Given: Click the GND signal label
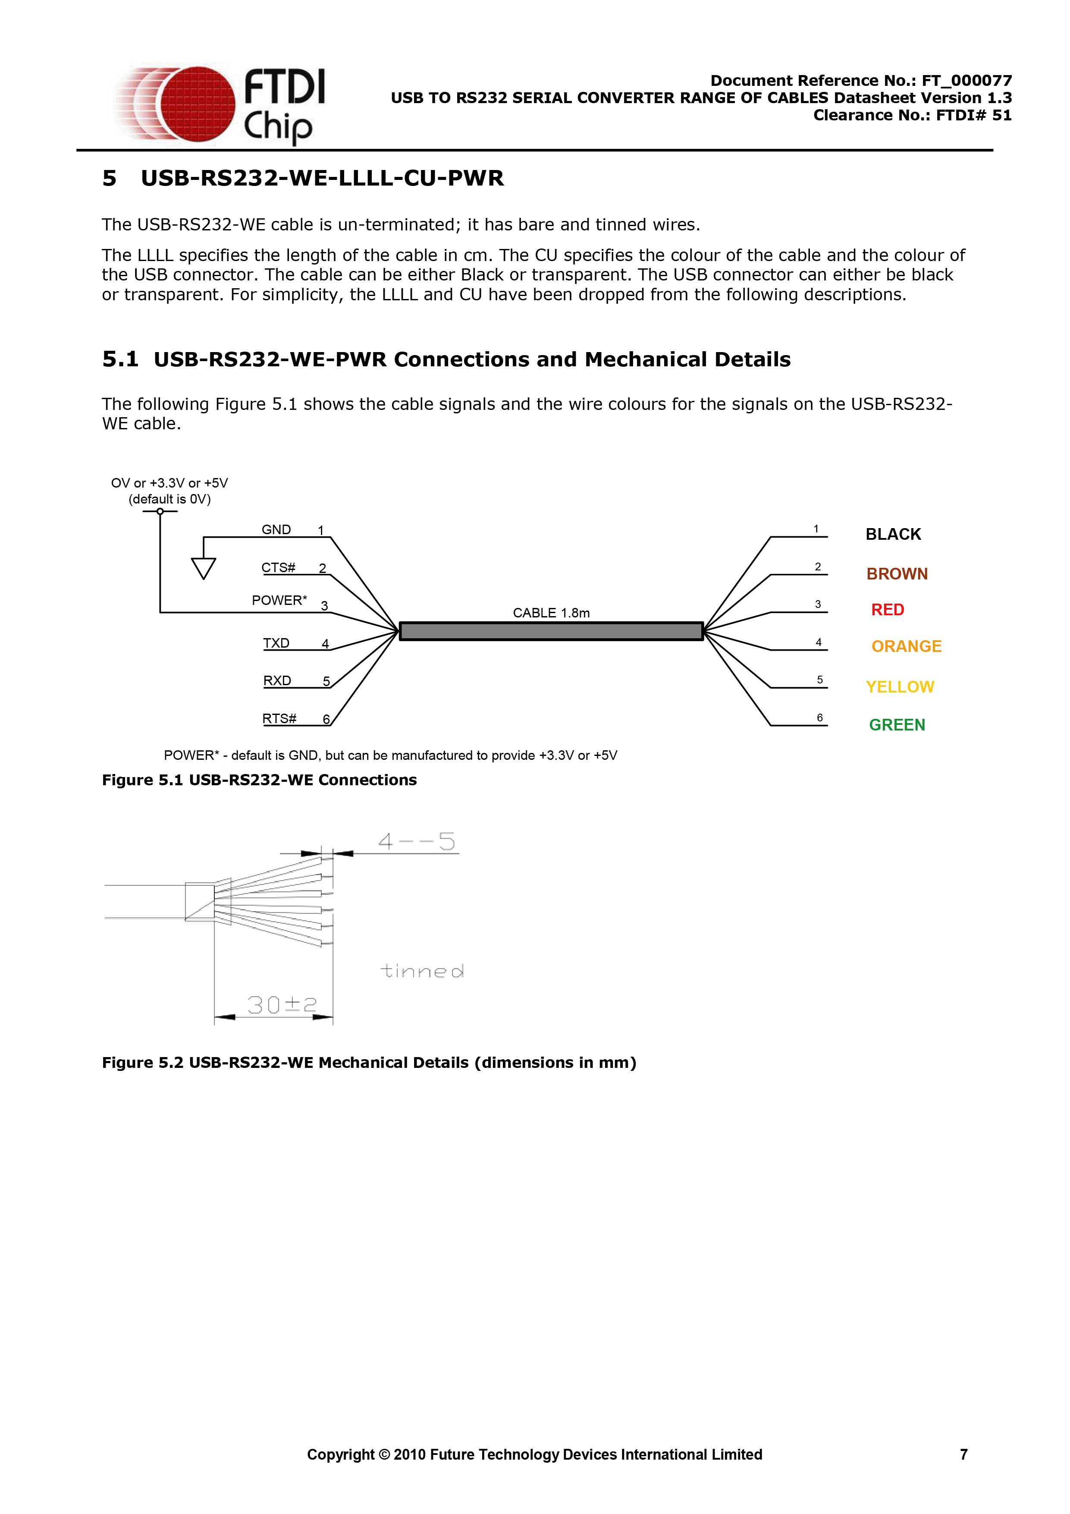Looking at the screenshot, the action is click(x=276, y=529).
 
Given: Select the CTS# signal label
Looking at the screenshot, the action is click(x=278, y=567).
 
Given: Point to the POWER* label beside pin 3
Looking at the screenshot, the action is click(x=279, y=600).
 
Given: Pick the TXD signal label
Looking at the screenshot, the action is click(x=276, y=643).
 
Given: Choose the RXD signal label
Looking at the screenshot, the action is click(x=277, y=680).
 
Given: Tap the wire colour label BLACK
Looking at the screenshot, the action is click(x=893, y=534).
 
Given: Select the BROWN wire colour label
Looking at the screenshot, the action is click(x=897, y=574).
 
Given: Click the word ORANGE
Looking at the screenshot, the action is click(x=907, y=646).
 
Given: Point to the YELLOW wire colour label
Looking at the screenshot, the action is click(x=900, y=687).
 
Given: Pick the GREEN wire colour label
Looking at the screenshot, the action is click(x=897, y=725).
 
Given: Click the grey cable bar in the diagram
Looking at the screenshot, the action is click(x=551, y=631).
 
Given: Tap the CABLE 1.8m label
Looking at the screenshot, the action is click(x=551, y=613).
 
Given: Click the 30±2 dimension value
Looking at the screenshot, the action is click(x=282, y=1004).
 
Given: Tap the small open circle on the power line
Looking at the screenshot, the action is click(x=160, y=511).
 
